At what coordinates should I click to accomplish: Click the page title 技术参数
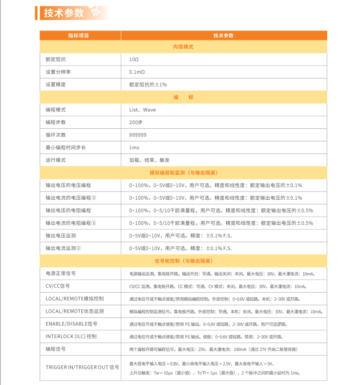(x=64, y=13)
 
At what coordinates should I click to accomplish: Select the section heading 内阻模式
(x=183, y=47)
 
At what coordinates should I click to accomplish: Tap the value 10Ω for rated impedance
(x=134, y=60)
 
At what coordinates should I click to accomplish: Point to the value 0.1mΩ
(x=137, y=72)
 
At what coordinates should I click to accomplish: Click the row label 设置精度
(x=55, y=85)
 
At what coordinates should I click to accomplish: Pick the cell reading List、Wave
(x=142, y=110)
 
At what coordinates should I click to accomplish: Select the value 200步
(x=136, y=122)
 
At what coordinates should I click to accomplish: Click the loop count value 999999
(x=138, y=135)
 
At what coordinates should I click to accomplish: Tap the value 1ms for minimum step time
(x=134, y=147)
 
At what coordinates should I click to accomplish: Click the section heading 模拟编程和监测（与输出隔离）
(x=183, y=173)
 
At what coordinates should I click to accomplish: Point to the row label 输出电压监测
(x=60, y=236)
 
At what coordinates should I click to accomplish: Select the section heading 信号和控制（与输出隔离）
(x=183, y=261)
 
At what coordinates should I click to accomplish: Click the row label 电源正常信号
(x=60, y=274)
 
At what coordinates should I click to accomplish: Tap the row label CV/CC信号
(x=58, y=286)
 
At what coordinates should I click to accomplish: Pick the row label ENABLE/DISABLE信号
(x=71, y=324)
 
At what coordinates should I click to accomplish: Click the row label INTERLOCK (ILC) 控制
(x=71, y=336)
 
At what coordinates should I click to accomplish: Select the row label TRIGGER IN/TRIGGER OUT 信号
(x=82, y=367)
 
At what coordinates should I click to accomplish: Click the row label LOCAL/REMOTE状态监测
(x=75, y=311)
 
